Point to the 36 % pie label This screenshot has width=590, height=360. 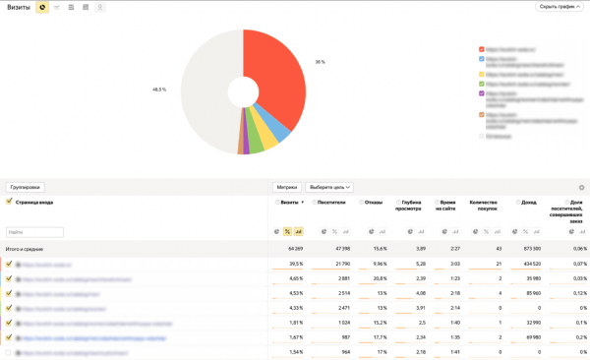click(x=320, y=62)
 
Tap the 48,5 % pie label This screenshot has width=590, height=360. click(x=159, y=90)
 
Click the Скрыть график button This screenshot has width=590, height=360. click(x=560, y=7)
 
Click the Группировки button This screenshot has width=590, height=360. click(x=25, y=187)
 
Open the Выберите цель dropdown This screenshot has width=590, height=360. click(x=330, y=187)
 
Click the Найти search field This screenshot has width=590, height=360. click(x=34, y=232)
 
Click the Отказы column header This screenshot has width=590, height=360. click(x=373, y=202)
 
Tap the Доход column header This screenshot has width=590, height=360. click(x=529, y=202)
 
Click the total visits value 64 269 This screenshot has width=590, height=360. click(x=294, y=249)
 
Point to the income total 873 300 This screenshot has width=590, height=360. click(x=530, y=249)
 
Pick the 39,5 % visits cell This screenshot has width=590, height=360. click(x=295, y=264)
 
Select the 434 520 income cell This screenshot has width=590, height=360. click(x=530, y=264)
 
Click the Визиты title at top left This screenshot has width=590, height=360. click(x=19, y=7)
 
